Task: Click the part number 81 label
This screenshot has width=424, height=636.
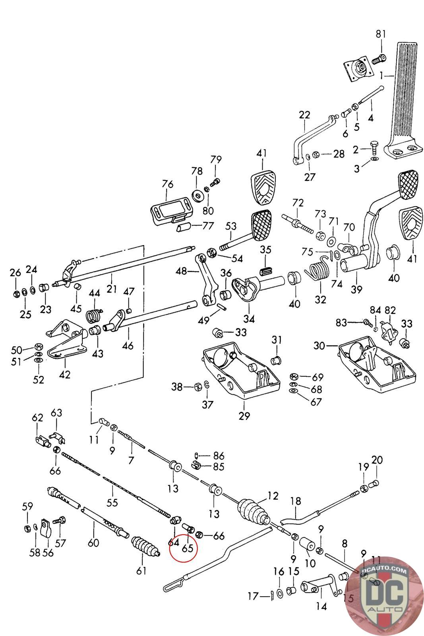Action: click(381, 34)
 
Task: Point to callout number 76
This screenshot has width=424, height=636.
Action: click(168, 184)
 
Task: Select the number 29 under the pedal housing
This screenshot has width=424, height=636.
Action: click(244, 416)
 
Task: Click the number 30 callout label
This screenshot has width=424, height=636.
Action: click(319, 346)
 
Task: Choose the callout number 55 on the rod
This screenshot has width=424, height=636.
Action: click(112, 502)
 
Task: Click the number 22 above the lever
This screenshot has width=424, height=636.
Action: click(304, 115)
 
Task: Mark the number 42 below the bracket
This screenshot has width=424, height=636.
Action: click(64, 374)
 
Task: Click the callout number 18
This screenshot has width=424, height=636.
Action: click(296, 501)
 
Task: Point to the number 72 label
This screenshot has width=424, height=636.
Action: click(298, 203)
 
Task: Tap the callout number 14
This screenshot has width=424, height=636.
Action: click(321, 606)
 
